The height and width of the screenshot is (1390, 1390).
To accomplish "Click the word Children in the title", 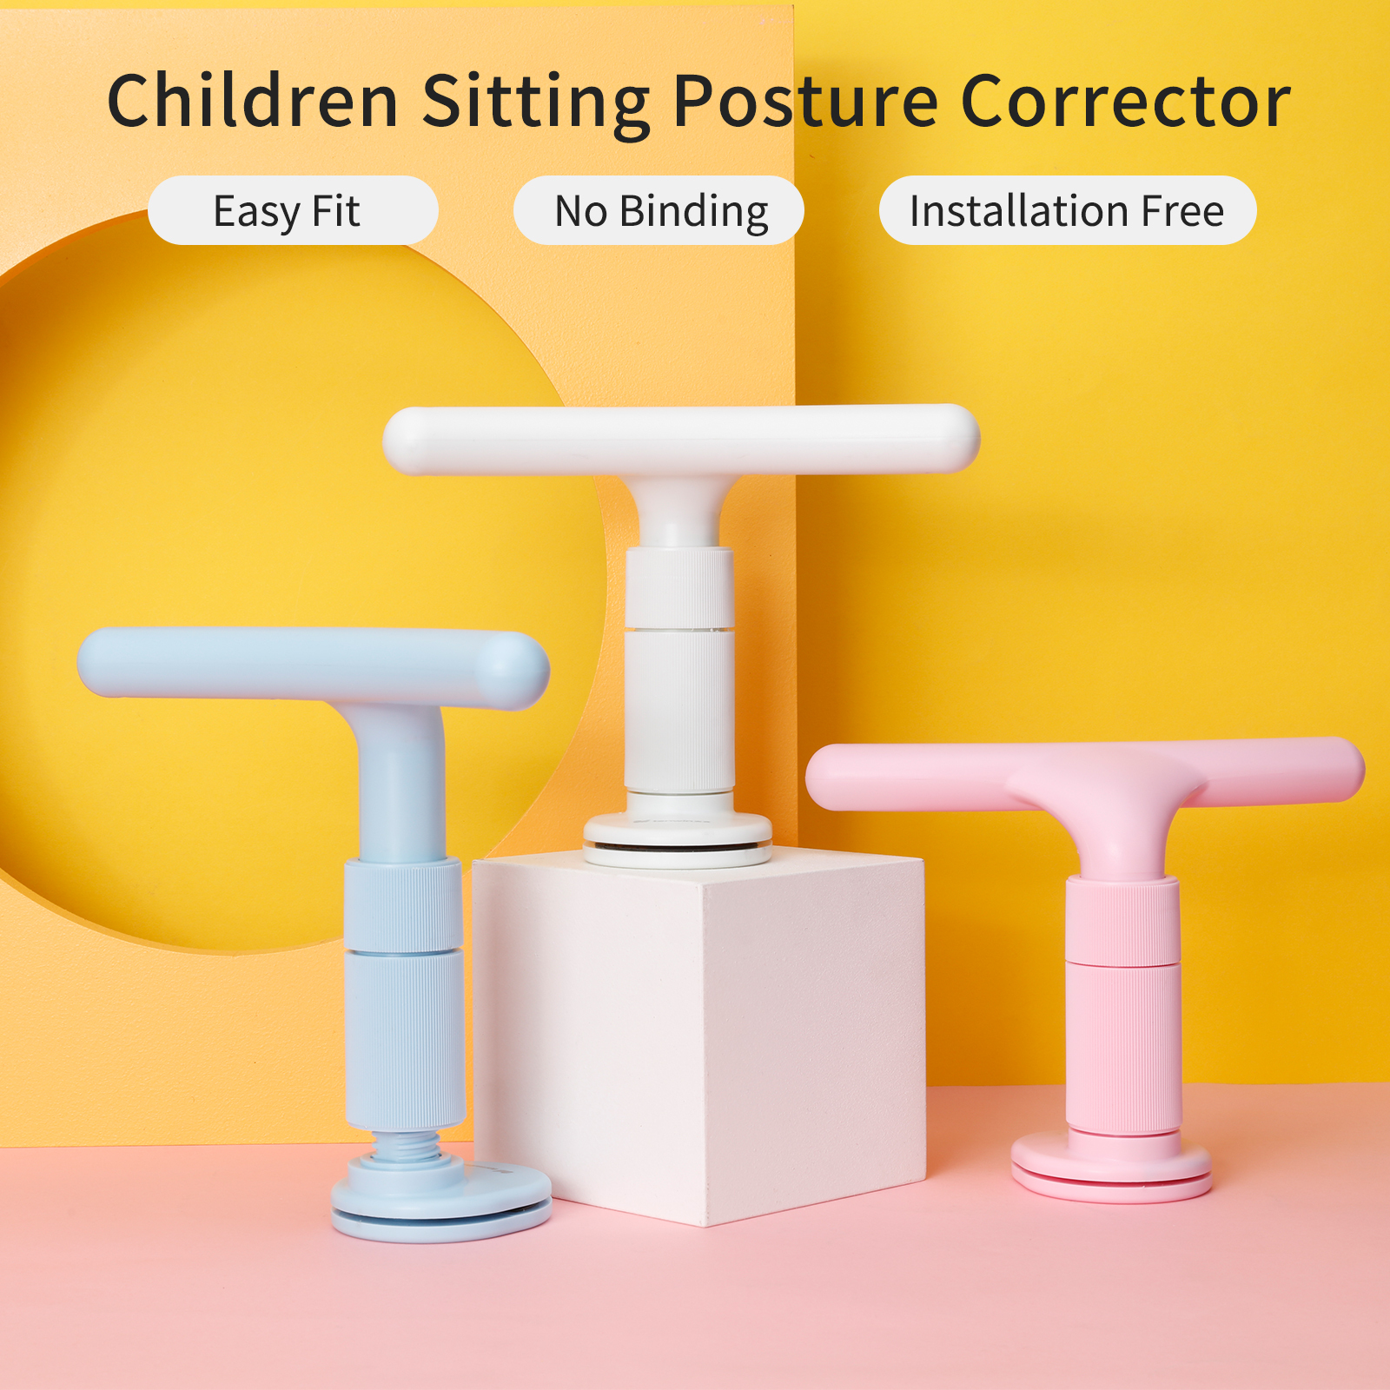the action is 252,101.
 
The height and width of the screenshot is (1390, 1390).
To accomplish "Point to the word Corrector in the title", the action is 1126,101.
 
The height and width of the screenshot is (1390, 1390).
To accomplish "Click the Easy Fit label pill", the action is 293,210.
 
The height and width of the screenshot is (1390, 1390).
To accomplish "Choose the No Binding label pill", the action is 659,210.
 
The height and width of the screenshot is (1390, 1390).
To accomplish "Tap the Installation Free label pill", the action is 1068,210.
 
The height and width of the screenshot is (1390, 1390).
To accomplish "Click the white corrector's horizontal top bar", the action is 681,440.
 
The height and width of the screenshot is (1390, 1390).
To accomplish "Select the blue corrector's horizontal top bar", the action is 313,665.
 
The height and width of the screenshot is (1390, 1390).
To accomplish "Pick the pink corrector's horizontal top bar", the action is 1085,772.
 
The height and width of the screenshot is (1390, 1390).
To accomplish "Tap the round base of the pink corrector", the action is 1111,1167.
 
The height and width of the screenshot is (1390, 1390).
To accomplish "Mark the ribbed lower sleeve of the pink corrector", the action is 1123,1047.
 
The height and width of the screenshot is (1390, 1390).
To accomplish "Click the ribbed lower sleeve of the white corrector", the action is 679,712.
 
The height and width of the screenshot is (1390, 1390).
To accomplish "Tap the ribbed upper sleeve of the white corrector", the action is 679,587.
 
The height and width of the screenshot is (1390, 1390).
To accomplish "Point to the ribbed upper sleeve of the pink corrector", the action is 1122,920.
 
